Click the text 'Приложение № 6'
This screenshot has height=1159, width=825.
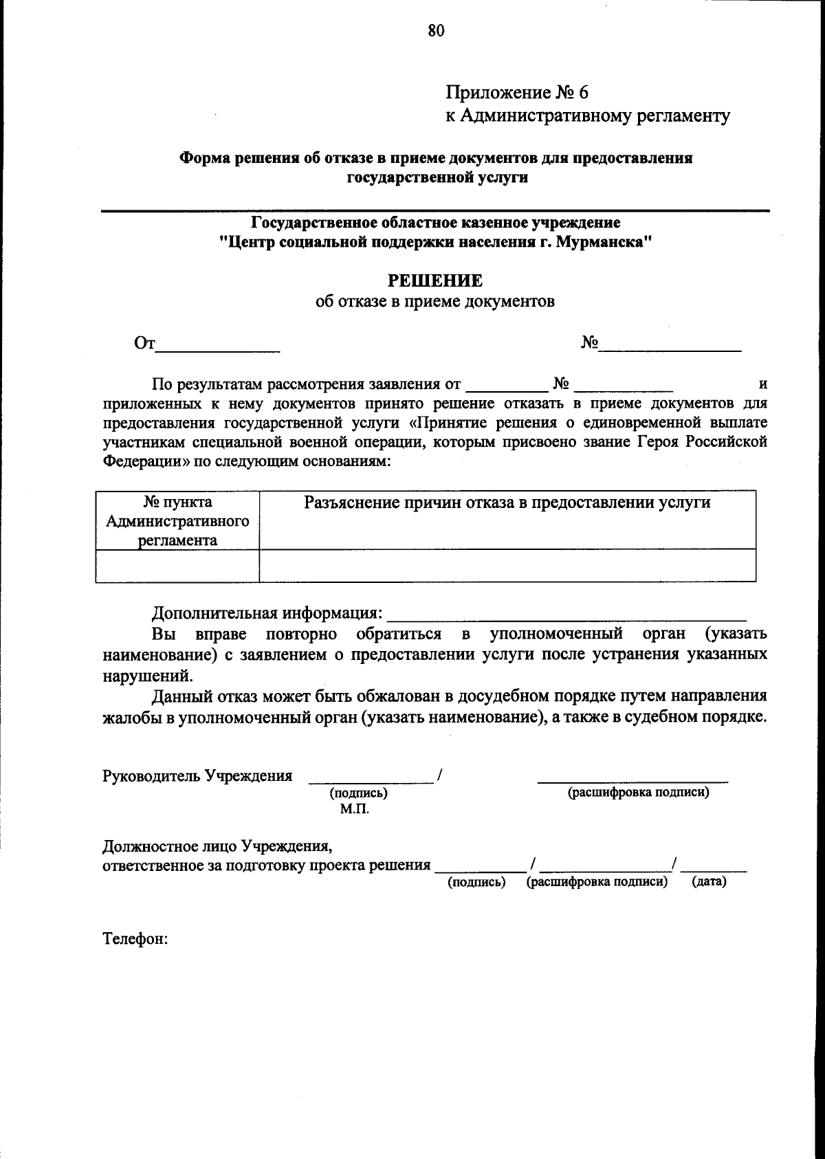(517, 92)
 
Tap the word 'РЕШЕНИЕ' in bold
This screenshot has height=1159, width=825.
(435, 280)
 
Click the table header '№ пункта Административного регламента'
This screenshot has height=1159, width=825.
(177, 520)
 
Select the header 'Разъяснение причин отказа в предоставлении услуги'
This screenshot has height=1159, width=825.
(507, 503)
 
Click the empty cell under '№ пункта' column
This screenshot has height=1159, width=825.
(177, 566)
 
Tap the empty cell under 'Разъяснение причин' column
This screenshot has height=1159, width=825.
(507, 566)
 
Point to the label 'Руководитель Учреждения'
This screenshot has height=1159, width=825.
(197, 775)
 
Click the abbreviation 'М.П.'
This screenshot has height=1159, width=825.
(354, 809)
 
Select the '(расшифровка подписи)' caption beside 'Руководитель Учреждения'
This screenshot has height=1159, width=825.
(637, 792)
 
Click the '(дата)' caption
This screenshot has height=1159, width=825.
(708, 881)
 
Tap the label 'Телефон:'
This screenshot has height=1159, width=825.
(135, 938)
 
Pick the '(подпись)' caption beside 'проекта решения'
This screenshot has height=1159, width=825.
(476, 882)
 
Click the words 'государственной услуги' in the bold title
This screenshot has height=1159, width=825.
(437, 177)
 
